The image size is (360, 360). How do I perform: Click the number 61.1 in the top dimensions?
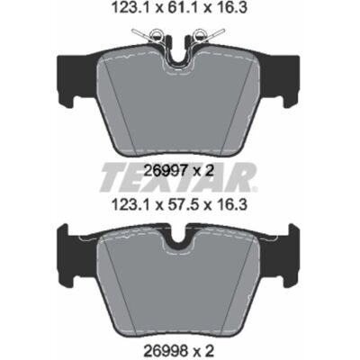click(179, 8)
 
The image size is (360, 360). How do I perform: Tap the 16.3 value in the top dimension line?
click(232, 8)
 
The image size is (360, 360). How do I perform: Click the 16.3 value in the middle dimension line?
click(232, 205)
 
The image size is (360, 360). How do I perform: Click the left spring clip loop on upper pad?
click(157, 34)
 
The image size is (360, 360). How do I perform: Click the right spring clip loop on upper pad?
click(199, 34)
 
